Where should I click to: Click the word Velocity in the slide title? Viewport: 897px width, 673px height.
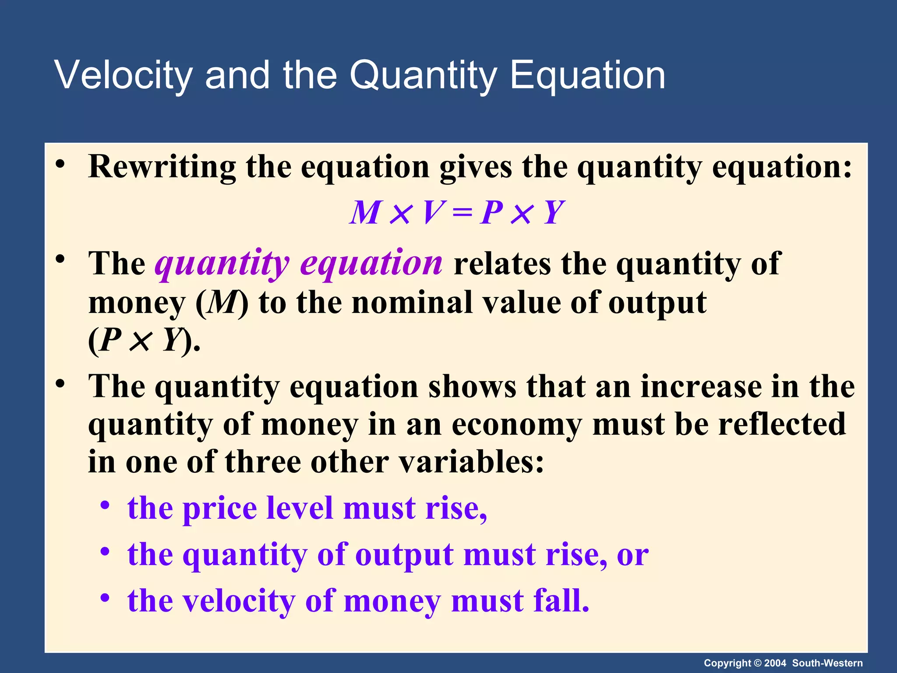pyautogui.click(x=123, y=75)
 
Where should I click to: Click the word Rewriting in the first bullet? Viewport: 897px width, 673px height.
pyautogui.click(x=162, y=167)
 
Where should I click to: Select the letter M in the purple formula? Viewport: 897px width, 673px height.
pyautogui.click(x=365, y=213)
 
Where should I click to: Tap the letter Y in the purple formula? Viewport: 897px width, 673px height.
pyautogui.click(x=553, y=213)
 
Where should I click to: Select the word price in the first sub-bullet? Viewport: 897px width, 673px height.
pyautogui.click(x=219, y=509)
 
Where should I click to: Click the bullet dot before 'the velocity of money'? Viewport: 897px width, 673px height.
pyautogui.click(x=105, y=598)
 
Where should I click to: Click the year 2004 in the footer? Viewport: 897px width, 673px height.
pyautogui.click(x=775, y=663)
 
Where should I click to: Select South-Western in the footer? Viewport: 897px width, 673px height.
pyautogui.click(x=827, y=663)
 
